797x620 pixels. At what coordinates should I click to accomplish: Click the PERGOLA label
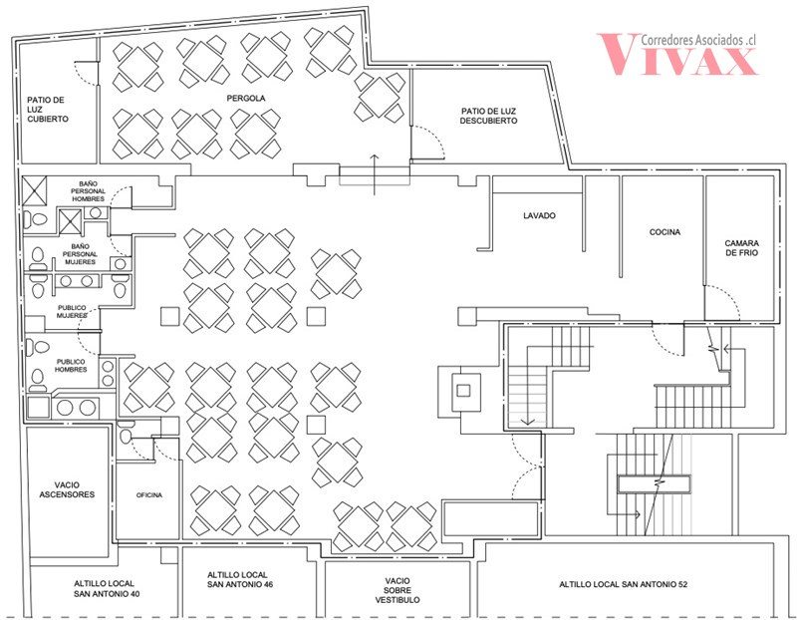tap(246, 98)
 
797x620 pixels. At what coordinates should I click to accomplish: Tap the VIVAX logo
tap(677, 55)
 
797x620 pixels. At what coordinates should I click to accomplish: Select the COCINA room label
tap(664, 232)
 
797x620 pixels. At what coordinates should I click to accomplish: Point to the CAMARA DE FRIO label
tap(742, 247)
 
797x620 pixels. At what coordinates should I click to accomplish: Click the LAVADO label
tap(539, 215)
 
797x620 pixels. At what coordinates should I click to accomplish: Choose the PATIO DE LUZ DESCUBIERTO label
tap(488, 116)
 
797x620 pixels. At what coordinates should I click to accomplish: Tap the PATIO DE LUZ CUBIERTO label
tap(48, 110)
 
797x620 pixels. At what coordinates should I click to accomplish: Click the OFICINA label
tap(149, 494)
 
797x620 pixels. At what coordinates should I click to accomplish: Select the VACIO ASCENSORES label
tap(67, 489)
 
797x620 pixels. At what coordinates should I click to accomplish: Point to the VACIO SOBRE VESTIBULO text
tap(398, 590)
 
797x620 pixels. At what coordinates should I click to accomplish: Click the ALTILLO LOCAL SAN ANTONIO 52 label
tap(624, 585)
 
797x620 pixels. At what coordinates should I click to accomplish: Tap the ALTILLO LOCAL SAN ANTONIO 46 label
tap(240, 580)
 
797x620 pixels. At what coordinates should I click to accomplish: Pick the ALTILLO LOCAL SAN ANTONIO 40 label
tap(107, 589)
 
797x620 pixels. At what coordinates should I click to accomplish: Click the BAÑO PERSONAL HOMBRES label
tap(88, 191)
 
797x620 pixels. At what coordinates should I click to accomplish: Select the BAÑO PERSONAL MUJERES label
tap(80, 254)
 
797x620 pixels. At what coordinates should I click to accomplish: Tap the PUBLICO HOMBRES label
tap(71, 366)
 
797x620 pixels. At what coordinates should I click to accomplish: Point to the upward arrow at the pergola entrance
tap(375, 174)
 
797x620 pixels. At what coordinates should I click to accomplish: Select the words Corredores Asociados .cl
tap(699, 40)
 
